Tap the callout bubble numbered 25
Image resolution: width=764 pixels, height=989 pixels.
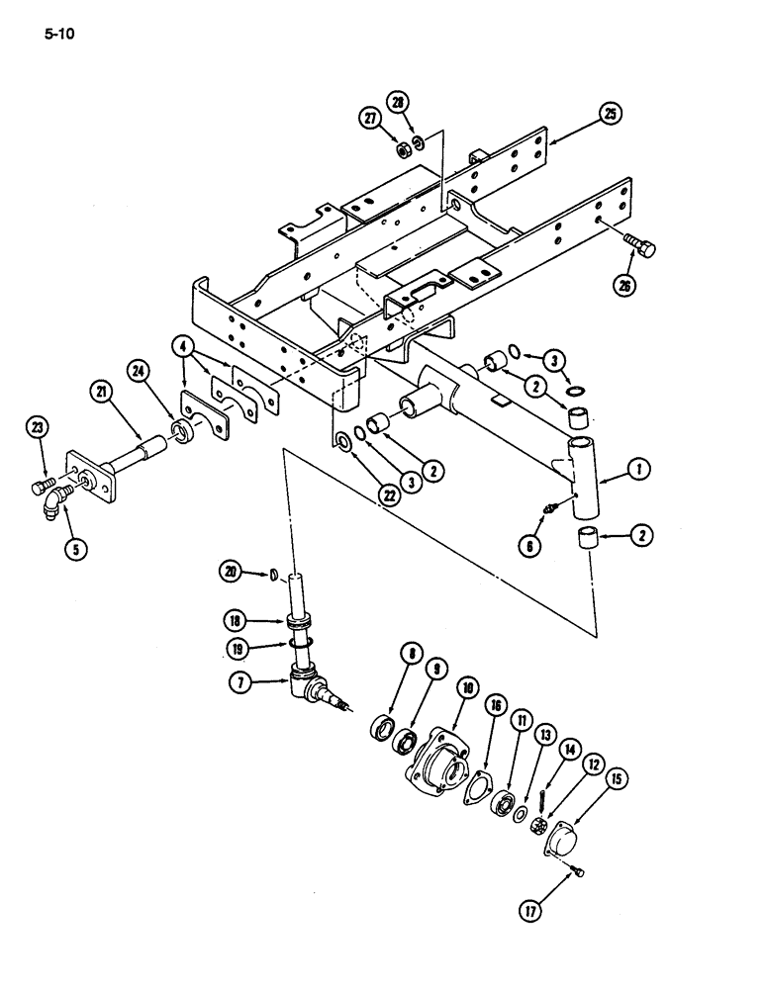pyautogui.click(x=611, y=117)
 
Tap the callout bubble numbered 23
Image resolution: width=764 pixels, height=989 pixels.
pyautogui.click(x=38, y=428)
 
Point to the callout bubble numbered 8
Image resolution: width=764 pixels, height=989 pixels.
pyautogui.click(x=384, y=654)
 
